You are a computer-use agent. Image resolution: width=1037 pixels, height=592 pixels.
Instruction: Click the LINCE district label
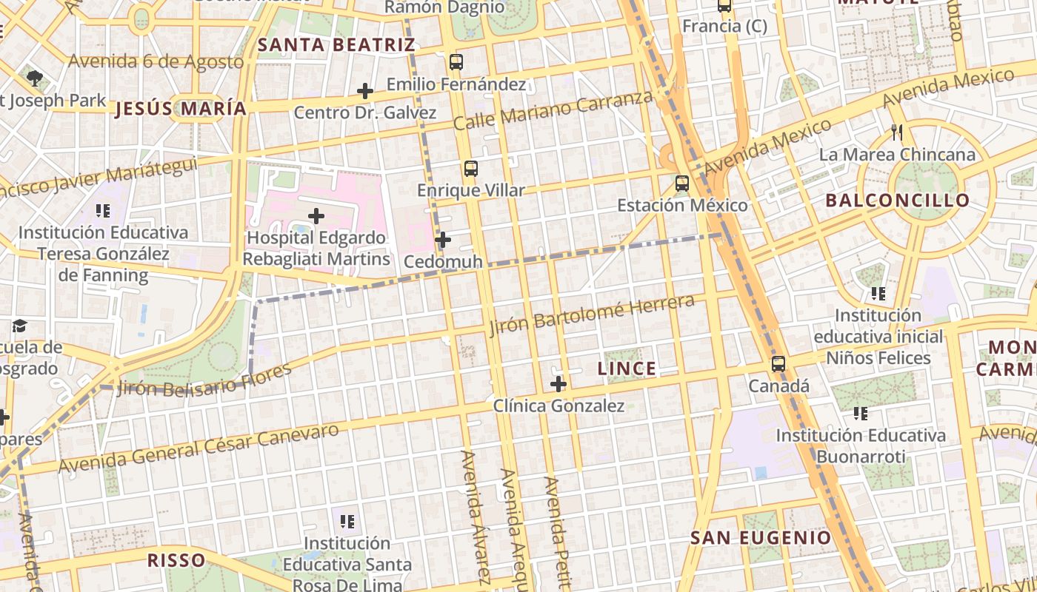click(x=627, y=369)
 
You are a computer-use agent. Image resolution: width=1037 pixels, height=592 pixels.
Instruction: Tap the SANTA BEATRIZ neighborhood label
click(x=336, y=45)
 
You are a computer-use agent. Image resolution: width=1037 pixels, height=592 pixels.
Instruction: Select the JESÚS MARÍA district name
click(x=181, y=109)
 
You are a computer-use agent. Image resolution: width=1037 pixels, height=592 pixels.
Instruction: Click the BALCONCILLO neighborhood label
click(x=897, y=201)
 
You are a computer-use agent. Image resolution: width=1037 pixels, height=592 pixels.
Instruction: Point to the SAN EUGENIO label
click(x=761, y=538)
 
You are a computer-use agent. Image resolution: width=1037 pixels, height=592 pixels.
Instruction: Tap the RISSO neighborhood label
click(x=176, y=560)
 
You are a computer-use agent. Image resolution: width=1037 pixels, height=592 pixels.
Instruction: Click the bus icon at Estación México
click(x=682, y=184)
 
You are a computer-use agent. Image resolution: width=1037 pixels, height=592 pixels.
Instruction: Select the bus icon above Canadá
click(x=778, y=364)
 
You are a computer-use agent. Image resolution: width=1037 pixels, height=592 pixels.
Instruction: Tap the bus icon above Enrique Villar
click(x=471, y=169)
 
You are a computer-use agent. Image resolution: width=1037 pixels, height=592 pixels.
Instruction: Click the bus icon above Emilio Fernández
click(x=456, y=62)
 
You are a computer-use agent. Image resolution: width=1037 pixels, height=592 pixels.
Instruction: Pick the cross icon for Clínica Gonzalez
click(x=558, y=384)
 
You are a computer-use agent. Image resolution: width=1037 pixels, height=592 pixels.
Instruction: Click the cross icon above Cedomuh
click(x=443, y=240)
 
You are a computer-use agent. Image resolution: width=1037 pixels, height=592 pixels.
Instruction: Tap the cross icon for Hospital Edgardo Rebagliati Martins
click(x=316, y=216)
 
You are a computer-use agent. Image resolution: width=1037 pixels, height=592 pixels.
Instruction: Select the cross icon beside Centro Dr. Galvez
click(x=364, y=91)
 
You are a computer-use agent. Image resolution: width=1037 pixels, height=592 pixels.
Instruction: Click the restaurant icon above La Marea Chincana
click(x=897, y=132)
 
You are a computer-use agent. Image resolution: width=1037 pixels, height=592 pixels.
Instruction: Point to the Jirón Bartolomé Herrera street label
click(x=592, y=314)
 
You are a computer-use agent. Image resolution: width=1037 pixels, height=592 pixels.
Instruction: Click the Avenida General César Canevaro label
click(x=199, y=448)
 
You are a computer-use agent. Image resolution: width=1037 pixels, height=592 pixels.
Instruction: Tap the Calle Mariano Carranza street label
click(x=553, y=110)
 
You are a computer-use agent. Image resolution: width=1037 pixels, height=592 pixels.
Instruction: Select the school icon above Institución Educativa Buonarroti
click(x=860, y=413)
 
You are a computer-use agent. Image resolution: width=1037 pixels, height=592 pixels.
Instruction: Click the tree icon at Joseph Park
click(x=34, y=77)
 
